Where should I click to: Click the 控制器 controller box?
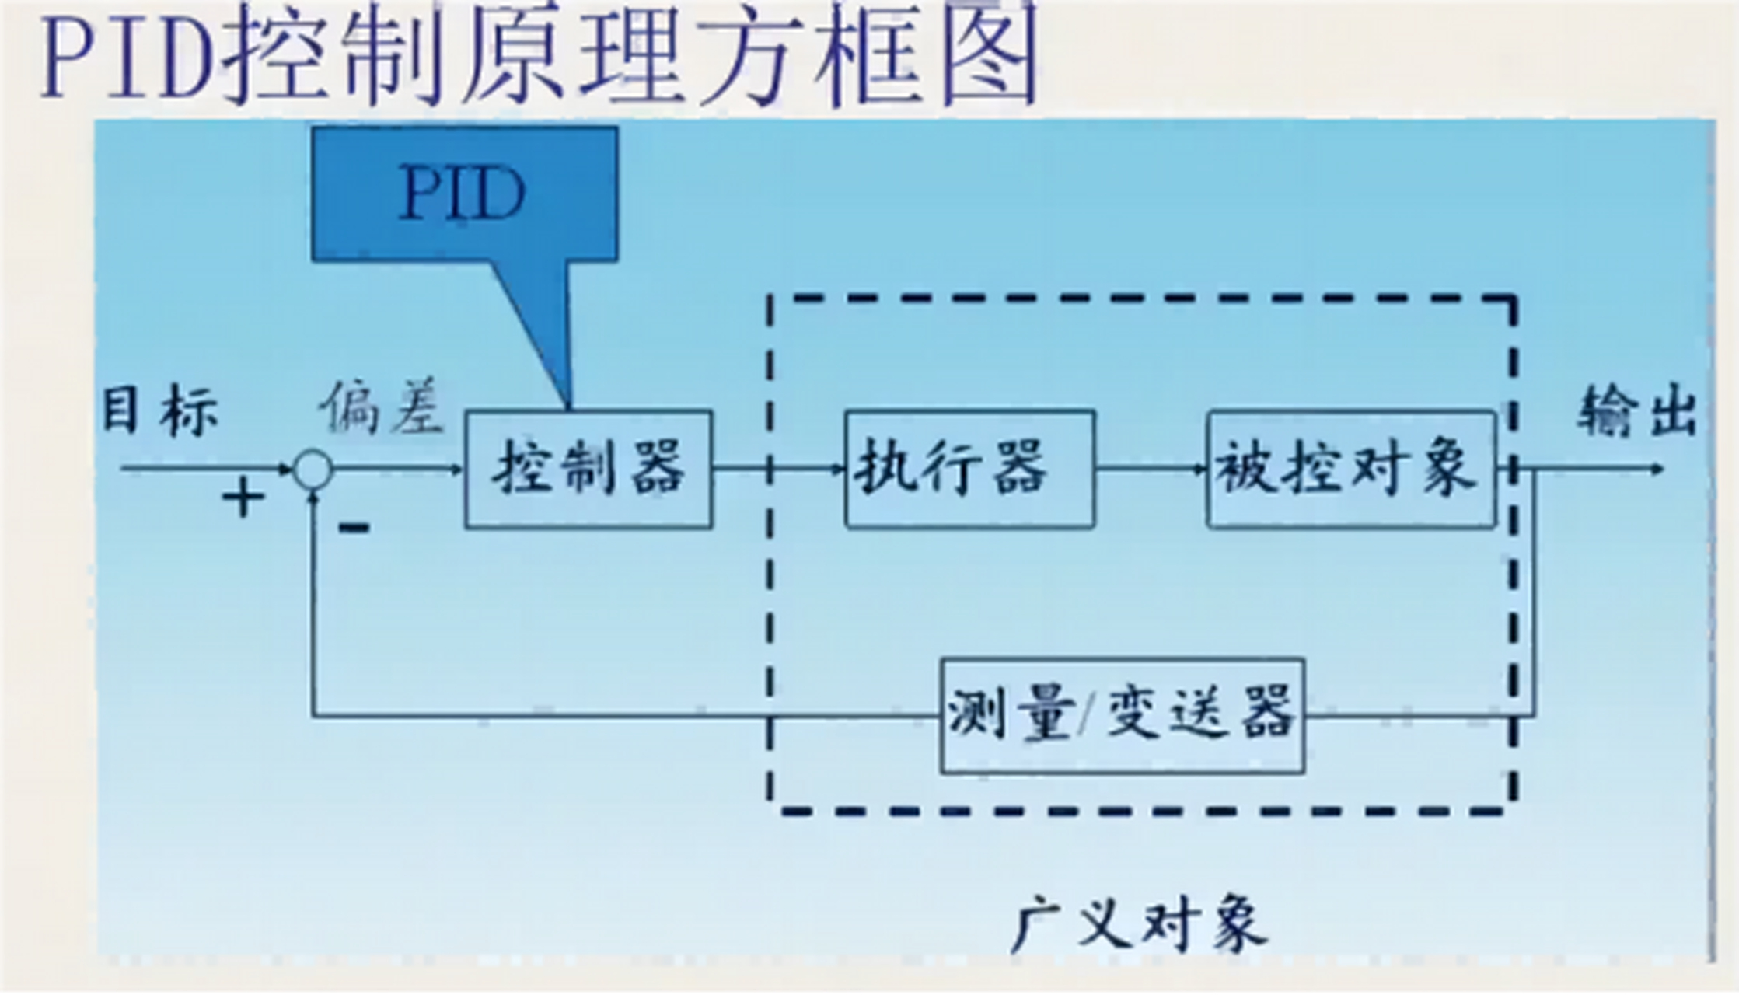click(x=588, y=470)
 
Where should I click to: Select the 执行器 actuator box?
click(x=969, y=470)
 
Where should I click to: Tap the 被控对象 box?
click(x=1350, y=470)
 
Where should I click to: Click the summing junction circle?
click(x=313, y=470)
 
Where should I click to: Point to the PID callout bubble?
click(x=464, y=194)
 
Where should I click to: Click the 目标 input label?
click(x=159, y=411)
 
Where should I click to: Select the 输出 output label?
click(x=1636, y=411)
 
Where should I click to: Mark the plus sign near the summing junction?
click(x=243, y=498)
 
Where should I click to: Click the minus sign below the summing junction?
click(x=354, y=529)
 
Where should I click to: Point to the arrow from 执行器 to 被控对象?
click(x=1151, y=469)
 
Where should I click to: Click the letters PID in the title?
click(x=128, y=58)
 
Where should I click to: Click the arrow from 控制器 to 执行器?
click(x=777, y=469)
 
